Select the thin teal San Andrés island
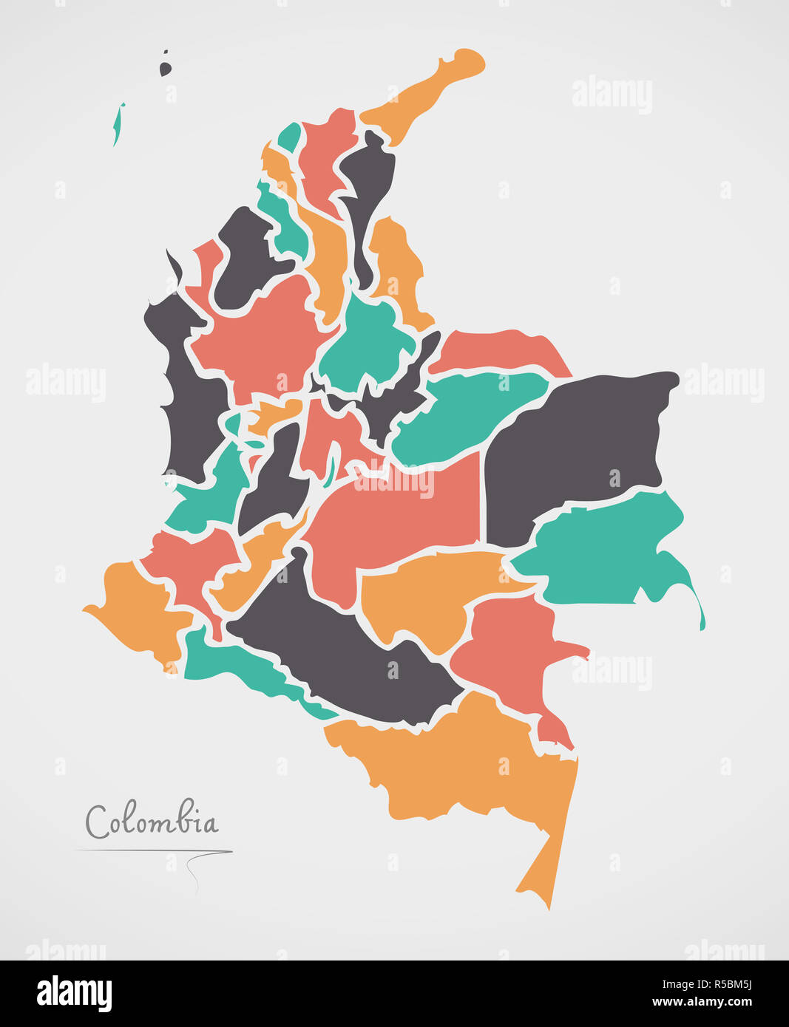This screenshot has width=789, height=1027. click(x=118, y=125)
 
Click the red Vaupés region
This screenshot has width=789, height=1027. click(x=510, y=650)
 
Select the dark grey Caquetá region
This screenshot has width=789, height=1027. click(x=348, y=650)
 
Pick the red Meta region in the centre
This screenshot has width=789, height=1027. click(x=399, y=517)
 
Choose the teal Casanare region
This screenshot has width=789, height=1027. click(x=466, y=414)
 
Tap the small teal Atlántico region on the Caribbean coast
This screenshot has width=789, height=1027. click(x=290, y=137)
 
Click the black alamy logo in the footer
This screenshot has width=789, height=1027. click(x=74, y=994)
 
